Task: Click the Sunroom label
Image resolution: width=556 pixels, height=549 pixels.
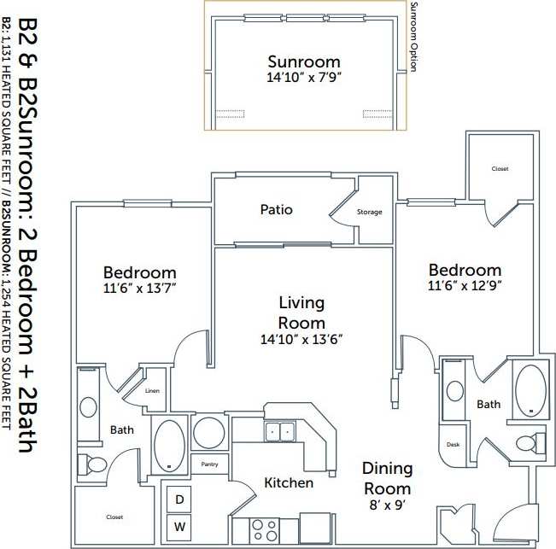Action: pos(303,61)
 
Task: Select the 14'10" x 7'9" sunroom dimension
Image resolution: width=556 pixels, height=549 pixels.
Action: pos(303,78)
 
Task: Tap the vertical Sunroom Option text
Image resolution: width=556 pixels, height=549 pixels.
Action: pos(413,38)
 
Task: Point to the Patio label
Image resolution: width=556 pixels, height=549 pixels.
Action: pos(276,209)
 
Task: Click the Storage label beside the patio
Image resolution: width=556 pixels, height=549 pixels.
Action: pos(369,212)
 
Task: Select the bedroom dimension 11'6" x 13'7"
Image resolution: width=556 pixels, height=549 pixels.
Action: pos(139,289)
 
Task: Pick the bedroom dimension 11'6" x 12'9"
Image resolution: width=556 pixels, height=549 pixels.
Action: pos(465,286)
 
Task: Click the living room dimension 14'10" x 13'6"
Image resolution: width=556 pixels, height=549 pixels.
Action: pos(301,339)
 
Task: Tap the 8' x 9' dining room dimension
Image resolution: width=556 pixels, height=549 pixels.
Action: pos(387,505)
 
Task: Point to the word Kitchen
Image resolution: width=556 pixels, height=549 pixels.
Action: pos(288,483)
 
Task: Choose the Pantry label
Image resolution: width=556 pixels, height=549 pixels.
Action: pos(209,464)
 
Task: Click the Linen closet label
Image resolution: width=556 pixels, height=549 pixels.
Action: pos(153,390)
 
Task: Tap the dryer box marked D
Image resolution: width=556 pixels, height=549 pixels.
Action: pos(179,499)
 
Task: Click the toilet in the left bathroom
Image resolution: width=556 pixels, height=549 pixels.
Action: pos(93,465)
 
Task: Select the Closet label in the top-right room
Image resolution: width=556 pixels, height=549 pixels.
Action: pos(500,169)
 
